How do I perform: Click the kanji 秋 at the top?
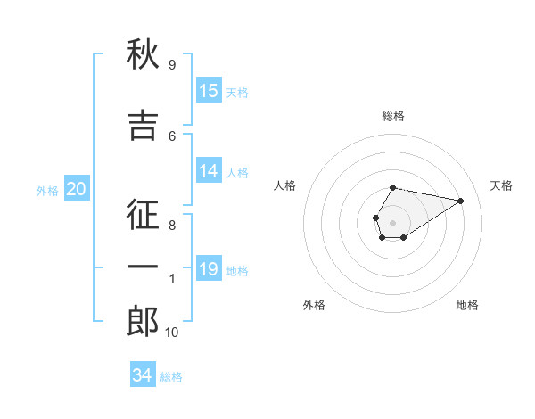(x=143, y=54)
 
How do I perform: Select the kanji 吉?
(x=143, y=125)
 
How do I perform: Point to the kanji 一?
(x=143, y=267)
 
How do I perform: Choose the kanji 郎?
(x=143, y=321)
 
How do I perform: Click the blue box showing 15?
(x=209, y=91)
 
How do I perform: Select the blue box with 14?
(x=209, y=171)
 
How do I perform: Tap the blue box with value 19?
(x=209, y=269)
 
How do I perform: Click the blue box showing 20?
(x=77, y=188)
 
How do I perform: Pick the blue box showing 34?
(x=143, y=375)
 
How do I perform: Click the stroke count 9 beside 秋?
(x=171, y=64)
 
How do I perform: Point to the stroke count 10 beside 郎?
(x=171, y=333)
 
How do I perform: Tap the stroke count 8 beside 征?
(x=171, y=226)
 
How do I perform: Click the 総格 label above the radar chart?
(x=393, y=116)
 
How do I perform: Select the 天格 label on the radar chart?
(x=501, y=185)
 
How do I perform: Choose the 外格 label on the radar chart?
(x=314, y=305)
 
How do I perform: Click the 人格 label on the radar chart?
(x=285, y=185)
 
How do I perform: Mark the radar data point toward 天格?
(x=461, y=200)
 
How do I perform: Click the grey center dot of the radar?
(x=393, y=222)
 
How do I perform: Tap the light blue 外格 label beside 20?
(x=46, y=190)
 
